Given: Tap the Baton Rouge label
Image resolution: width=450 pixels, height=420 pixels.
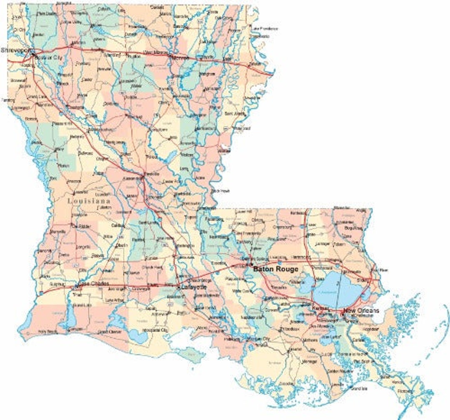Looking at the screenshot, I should point(276,269).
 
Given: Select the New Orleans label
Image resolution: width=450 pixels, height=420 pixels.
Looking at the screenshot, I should point(361,311).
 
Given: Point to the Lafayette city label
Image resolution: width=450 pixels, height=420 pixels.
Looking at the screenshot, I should point(194,287).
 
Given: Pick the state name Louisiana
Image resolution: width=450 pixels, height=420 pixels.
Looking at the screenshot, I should point(88,201).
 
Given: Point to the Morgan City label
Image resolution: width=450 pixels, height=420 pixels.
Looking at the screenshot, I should point(258,339).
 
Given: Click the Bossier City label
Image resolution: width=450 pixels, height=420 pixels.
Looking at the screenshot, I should point(50,58).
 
